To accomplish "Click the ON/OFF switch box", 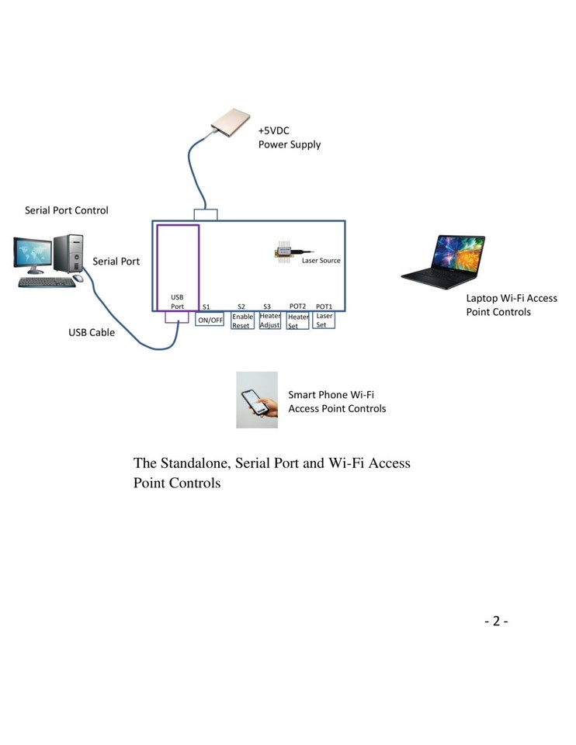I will (210, 320).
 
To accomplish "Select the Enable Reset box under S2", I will (242, 321).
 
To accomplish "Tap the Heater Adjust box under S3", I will (269, 321).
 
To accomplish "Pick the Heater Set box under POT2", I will (298, 321).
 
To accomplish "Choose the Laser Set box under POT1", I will (324, 320).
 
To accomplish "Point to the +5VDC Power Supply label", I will (289, 137).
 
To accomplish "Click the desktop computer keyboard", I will (47, 282).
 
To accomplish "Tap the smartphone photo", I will (257, 400).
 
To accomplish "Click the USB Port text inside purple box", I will (178, 301).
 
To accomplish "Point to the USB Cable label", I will (92, 333).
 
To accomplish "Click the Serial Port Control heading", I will (67, 210).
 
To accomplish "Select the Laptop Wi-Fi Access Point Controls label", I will (511, 305).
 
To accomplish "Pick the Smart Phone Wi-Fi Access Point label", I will (336, 401).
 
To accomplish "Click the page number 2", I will (496, 621).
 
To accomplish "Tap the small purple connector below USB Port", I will (177, 317).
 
